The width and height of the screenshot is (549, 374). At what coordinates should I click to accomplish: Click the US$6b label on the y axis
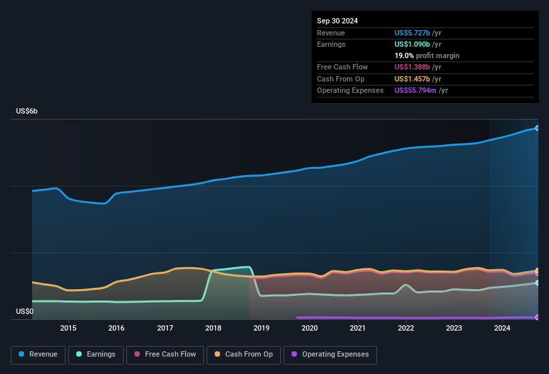27,111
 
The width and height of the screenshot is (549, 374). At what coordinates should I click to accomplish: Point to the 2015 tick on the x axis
68,328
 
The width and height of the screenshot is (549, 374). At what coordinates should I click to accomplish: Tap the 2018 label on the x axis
213,328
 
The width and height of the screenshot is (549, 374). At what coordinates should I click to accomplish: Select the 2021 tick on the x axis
358,328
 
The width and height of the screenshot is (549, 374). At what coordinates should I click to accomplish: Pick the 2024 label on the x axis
502,328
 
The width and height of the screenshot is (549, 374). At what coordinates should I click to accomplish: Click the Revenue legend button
39,355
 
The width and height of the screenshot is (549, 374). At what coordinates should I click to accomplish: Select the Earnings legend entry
96,355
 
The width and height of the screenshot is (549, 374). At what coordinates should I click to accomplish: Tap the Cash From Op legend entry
243,355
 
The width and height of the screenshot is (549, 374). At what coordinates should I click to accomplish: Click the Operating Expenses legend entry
330,355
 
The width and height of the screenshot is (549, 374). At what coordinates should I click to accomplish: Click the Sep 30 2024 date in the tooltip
337,21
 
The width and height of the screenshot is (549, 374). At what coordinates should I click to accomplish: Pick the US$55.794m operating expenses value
416,90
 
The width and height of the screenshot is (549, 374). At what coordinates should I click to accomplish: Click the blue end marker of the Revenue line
537,128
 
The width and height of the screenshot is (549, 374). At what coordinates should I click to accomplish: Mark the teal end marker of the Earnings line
537,283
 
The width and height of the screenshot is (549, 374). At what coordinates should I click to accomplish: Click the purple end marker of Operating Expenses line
537,317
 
